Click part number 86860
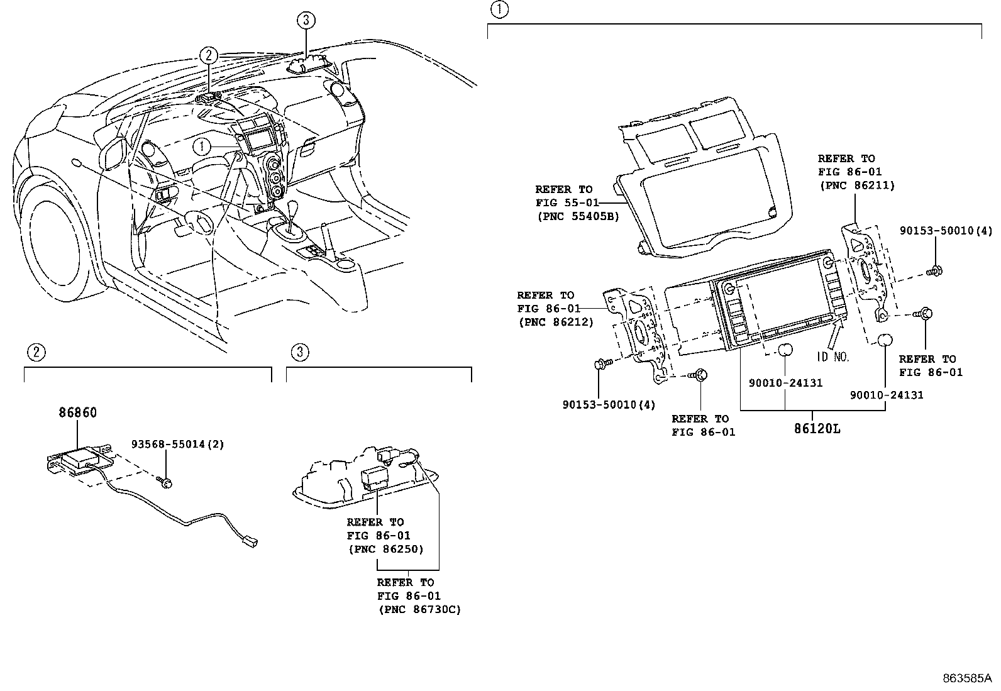78,413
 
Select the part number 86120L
817,429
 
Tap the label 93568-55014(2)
177,444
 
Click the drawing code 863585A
966,678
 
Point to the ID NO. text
833,357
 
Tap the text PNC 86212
555,322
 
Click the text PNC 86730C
419,609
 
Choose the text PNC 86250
385,549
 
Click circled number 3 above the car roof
305,20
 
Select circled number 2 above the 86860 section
36,352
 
